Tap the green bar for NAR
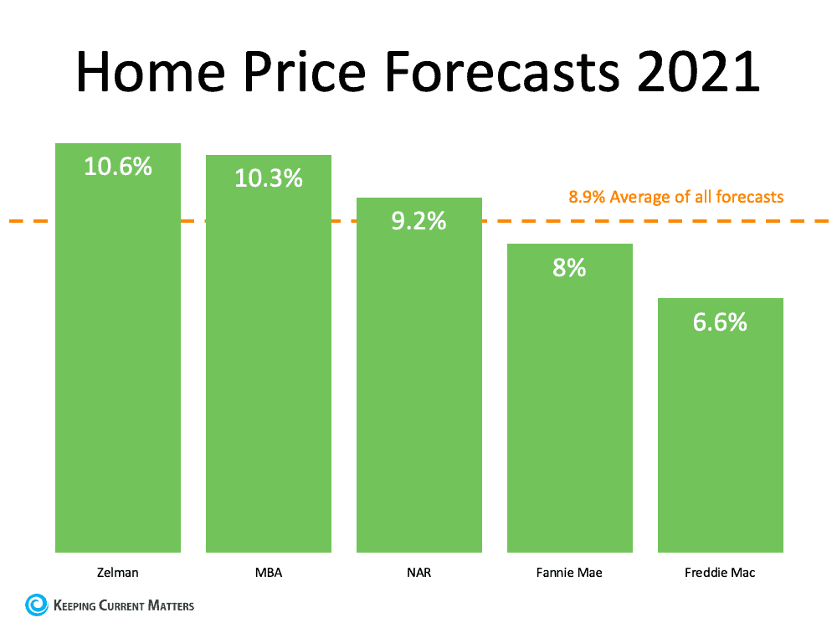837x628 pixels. click(x=418, y=394)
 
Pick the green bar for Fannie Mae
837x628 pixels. click(x=569, y=410)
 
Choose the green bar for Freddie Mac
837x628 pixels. click(x=720, y=435)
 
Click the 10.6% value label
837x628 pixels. click(x=118, y=166)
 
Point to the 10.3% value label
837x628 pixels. click(x=269, y=178)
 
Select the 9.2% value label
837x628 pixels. click(x=419, y=222)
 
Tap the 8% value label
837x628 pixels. click(x=569, y=268)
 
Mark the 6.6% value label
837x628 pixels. click(x=720, y=322)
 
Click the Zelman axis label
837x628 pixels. click(x=117, y=574)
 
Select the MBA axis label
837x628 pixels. click(x=268, y=574)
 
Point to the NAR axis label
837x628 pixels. click(x=418, y=574)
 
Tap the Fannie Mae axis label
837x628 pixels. click(x=569, y=574)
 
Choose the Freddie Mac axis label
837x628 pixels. click(x=720, y=574)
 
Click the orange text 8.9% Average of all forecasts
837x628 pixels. click(x=676, y=198)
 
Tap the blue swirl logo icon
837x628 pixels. click(x=37, y=605)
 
